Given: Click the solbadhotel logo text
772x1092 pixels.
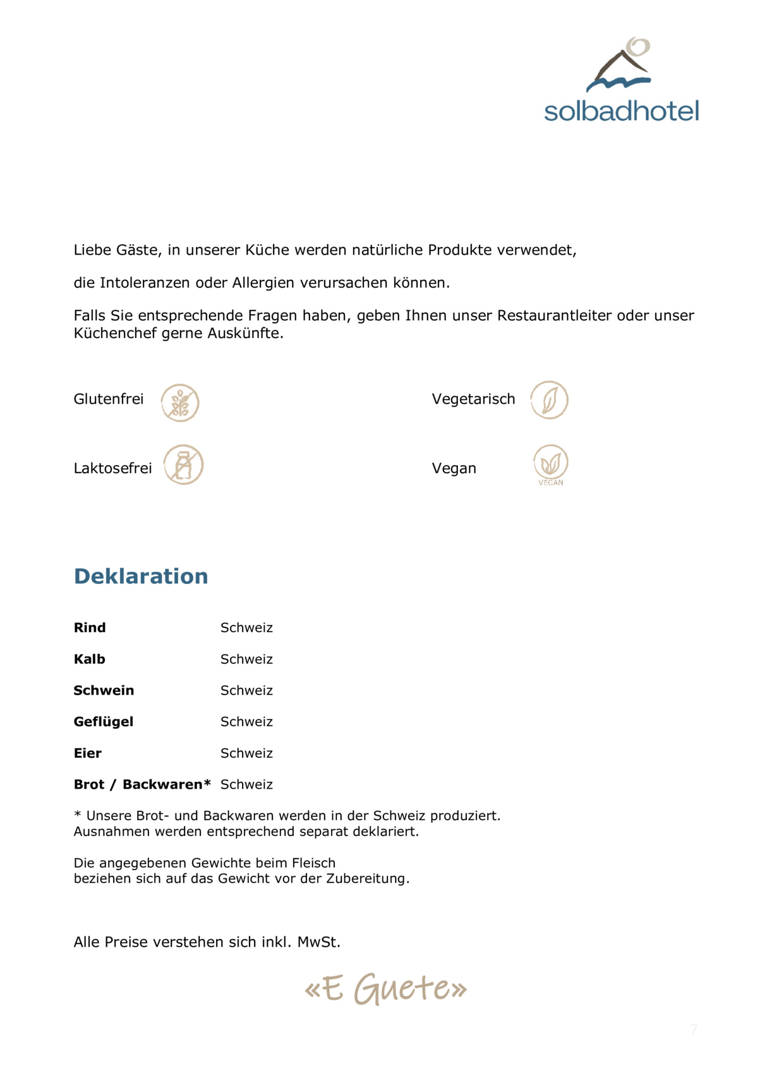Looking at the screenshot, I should (621, 111).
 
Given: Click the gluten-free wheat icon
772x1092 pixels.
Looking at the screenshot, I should (180, 403).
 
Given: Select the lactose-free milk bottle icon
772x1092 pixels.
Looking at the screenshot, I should (183, 464).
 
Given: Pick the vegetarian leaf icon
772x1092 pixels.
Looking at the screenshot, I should (549, 400).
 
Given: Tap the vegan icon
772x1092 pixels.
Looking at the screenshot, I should (550, 464).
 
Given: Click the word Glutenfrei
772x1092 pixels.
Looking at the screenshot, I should (109, 399).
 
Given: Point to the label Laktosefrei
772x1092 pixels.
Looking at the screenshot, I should (112, 468).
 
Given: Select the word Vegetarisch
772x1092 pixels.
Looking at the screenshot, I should (473, 399).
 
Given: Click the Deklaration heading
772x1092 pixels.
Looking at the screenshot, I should (141, 576).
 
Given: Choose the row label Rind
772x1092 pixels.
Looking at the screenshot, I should (90, 628).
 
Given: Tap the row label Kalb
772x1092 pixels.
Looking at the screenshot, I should (90, 659).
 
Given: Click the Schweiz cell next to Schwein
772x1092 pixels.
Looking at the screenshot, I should (246, 690).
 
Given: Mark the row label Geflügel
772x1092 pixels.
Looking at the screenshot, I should (104, 722).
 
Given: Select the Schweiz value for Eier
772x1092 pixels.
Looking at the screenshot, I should (246, 753).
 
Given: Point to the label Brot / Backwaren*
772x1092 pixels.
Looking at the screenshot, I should (142, 784).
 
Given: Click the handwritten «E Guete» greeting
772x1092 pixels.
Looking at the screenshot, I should (385, 988).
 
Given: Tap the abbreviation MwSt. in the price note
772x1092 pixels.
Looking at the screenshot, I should (319, 942).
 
